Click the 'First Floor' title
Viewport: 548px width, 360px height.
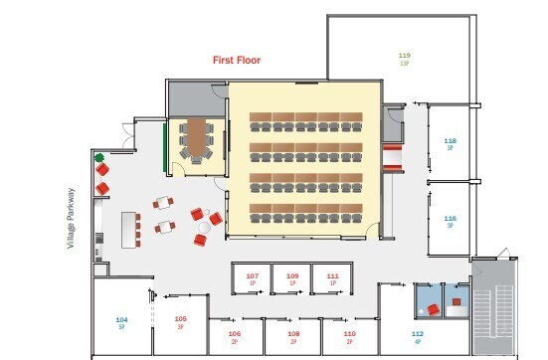click(x=236, y=61)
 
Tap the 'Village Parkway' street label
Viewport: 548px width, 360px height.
click(x=72, y=219)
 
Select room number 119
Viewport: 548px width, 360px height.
click(x=405, y=56)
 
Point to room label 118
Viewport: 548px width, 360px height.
click(x=450, y=141)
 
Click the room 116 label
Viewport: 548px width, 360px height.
click(x=450, y=219)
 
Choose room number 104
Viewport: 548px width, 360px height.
click(x=121, y=319)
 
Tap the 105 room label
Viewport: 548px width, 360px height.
click(x=181, y=319)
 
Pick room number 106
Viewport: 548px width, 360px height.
click(x=235, y=334)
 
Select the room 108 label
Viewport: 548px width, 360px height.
click(x=293, y=334)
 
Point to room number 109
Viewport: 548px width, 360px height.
click(x=292, y=275)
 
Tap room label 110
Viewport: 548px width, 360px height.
click(x=349, y=334)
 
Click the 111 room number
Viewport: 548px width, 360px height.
click(x=332, y=275)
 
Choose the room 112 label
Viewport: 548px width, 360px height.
click(x=417, y=334)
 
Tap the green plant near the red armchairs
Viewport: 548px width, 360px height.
click(x=98, y=158)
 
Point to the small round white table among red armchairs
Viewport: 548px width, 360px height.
click(x=204, y=228)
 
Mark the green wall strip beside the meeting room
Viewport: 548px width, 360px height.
click(x=165, y=144)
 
